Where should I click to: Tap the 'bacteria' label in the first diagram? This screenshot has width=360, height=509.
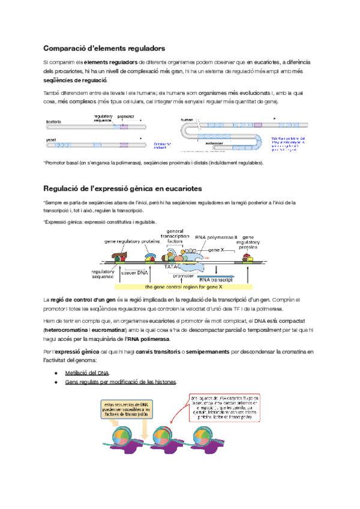[55, 122]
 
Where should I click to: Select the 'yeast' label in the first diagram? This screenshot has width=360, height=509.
[52, 139]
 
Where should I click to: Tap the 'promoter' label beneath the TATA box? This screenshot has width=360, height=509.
[182, 276]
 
